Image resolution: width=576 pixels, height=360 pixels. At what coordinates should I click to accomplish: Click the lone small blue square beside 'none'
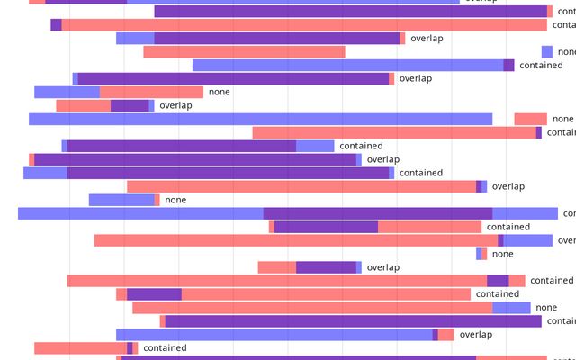(x=546, y=51)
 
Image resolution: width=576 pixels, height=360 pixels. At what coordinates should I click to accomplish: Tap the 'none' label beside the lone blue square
(x=566, y=51)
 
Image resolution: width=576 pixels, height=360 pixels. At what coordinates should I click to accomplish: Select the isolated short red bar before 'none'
(x=530, y=119)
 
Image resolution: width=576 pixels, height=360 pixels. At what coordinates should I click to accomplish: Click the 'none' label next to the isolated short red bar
(x=562, y=119)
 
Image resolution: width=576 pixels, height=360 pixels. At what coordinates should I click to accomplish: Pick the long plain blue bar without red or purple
(x=260, y=119)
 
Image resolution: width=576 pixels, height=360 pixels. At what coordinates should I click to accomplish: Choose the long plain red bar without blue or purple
(x=244, y=51)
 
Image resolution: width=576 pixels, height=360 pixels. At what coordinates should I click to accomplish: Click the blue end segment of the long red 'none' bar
(x=511, y=308)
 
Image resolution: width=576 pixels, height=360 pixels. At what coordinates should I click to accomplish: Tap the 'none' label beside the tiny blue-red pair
(x=503, y=254)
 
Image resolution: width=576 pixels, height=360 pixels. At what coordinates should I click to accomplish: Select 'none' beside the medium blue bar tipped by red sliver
(x=175, y=200)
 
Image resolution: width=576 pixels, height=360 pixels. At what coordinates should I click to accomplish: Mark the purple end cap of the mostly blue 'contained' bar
(x=508, y=65)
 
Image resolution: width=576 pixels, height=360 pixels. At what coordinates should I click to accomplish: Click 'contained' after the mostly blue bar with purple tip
(x=541, y=65)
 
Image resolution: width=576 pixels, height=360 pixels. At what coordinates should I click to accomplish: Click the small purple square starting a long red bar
(x=56, y=24)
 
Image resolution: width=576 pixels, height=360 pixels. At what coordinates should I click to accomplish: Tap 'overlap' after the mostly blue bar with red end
(x=476, y=335)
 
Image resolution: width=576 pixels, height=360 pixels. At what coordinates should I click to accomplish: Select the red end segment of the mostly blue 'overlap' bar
(x=446, y=335)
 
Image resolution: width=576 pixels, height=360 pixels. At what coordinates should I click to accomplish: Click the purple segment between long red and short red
(x=498, y=281)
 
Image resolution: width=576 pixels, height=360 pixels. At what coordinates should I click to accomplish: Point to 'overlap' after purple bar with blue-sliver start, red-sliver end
(x=416, y=78)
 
